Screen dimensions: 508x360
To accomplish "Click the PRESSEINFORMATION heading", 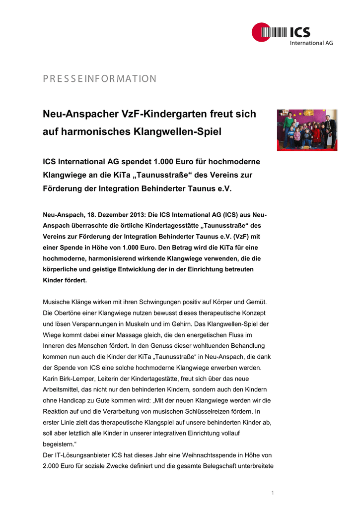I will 100,79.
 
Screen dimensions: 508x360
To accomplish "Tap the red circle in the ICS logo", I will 260,33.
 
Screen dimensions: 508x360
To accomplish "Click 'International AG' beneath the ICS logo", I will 311,43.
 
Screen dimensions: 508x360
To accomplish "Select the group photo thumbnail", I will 307,130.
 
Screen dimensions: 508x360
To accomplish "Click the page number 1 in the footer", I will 273,493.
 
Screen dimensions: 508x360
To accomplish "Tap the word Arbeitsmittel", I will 63,389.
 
